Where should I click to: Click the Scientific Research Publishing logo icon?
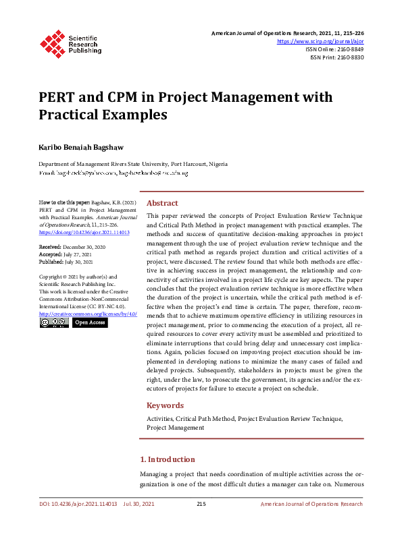click(x=52, y=42)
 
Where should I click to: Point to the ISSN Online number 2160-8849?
click(x=347, y=49)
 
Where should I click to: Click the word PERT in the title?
click(x=56, y=98)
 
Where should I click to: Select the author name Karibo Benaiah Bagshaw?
click(x=82, y=146)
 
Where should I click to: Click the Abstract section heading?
click(x=162, y=203)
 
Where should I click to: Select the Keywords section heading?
click(x=165, y=405)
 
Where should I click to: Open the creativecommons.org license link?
click(x=88, y=314)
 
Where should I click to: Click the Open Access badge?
click(x=90, y=323)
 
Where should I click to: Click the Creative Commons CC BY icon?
click(x=53, y=323)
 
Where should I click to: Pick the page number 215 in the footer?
click(x=201, y=504)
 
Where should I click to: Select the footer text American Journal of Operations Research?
click(x=311, y=504)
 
